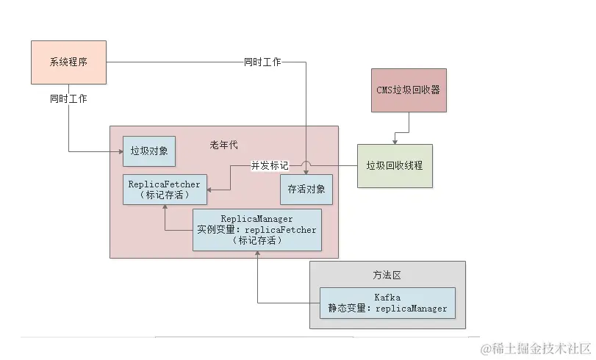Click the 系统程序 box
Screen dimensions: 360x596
click(68, 62)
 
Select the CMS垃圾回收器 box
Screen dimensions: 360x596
click(408, 91)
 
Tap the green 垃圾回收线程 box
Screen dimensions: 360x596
click(395, 165)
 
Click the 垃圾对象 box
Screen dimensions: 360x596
click(149, 151)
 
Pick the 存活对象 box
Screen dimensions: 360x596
click(306, 189)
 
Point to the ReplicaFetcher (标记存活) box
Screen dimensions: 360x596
click(164, 190)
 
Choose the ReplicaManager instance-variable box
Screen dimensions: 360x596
click(256, 229)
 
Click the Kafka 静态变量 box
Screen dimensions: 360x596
click(387, 303)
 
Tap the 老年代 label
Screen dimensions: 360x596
click(224, 145)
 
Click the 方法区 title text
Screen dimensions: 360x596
click(386, 276)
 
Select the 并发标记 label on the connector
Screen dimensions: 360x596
click(270, 166)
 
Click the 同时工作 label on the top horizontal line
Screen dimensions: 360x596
click(262, 62)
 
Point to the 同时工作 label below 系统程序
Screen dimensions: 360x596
click(68, 98)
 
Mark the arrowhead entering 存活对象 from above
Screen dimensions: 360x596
click(306, 173)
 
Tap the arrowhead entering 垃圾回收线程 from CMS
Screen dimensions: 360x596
click(395, 141)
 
